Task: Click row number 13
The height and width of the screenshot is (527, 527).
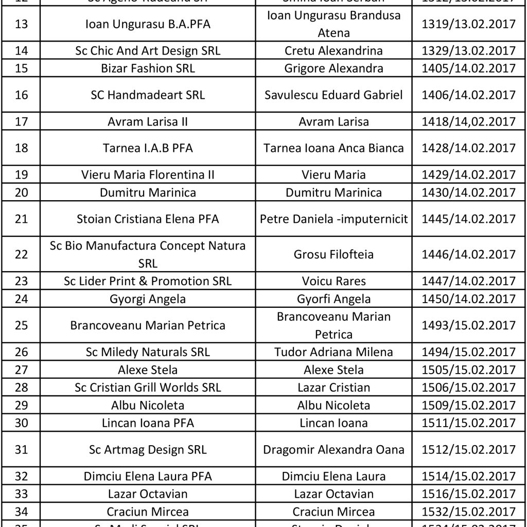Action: pos(22,24)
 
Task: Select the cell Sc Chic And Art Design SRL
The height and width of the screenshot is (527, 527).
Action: pos(148,51)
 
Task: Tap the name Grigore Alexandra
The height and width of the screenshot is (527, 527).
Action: pos(333,68)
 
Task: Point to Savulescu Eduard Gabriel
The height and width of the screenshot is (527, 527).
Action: pos(333,95)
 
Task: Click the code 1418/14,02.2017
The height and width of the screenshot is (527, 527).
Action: pos(468,122)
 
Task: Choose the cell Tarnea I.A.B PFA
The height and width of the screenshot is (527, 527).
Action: pos(148,148)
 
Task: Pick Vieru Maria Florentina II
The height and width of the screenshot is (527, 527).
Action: pos(148,175)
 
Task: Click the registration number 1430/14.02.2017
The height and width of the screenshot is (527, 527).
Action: pos(468,192)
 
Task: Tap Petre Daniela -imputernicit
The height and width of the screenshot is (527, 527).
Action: pos(333,219)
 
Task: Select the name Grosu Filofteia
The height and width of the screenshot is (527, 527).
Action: pos(333,255)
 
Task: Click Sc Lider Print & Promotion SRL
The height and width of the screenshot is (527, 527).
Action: pos(148,281)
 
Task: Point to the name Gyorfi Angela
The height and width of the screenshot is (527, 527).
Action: pos(333,299)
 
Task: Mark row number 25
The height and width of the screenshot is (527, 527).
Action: pos(22,325)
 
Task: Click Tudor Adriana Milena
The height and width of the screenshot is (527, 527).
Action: pos(333,352)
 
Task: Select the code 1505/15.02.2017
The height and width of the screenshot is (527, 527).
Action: pos(468,370)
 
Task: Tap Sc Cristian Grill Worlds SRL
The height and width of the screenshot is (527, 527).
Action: pos(148,388)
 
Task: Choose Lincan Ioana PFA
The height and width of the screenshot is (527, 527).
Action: pos(148,423)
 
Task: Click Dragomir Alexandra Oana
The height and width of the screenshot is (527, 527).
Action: pos(333,450)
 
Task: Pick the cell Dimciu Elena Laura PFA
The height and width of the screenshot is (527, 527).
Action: pos(148,477)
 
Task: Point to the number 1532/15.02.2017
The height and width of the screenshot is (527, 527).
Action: pos(468,512)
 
